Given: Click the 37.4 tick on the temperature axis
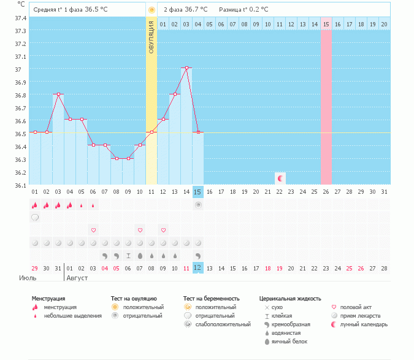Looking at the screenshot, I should click(21, 18).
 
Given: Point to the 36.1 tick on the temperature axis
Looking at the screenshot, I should click(21, 185).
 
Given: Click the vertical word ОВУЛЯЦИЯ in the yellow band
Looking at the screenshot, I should click(151, 37).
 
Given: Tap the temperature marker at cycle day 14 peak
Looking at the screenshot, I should click(186, 68).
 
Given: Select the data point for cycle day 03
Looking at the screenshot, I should click(58, 94).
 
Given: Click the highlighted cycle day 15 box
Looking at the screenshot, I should click(197, 192).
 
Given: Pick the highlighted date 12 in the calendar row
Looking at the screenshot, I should click(197, 268).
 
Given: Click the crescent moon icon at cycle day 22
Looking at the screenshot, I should click(280, 178).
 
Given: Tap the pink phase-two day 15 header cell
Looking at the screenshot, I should click(326, 24).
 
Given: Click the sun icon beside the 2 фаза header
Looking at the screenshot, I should click(151, 10).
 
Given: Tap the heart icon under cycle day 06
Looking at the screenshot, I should click(93, 230).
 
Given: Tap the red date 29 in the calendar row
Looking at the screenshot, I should click(35, 268).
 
